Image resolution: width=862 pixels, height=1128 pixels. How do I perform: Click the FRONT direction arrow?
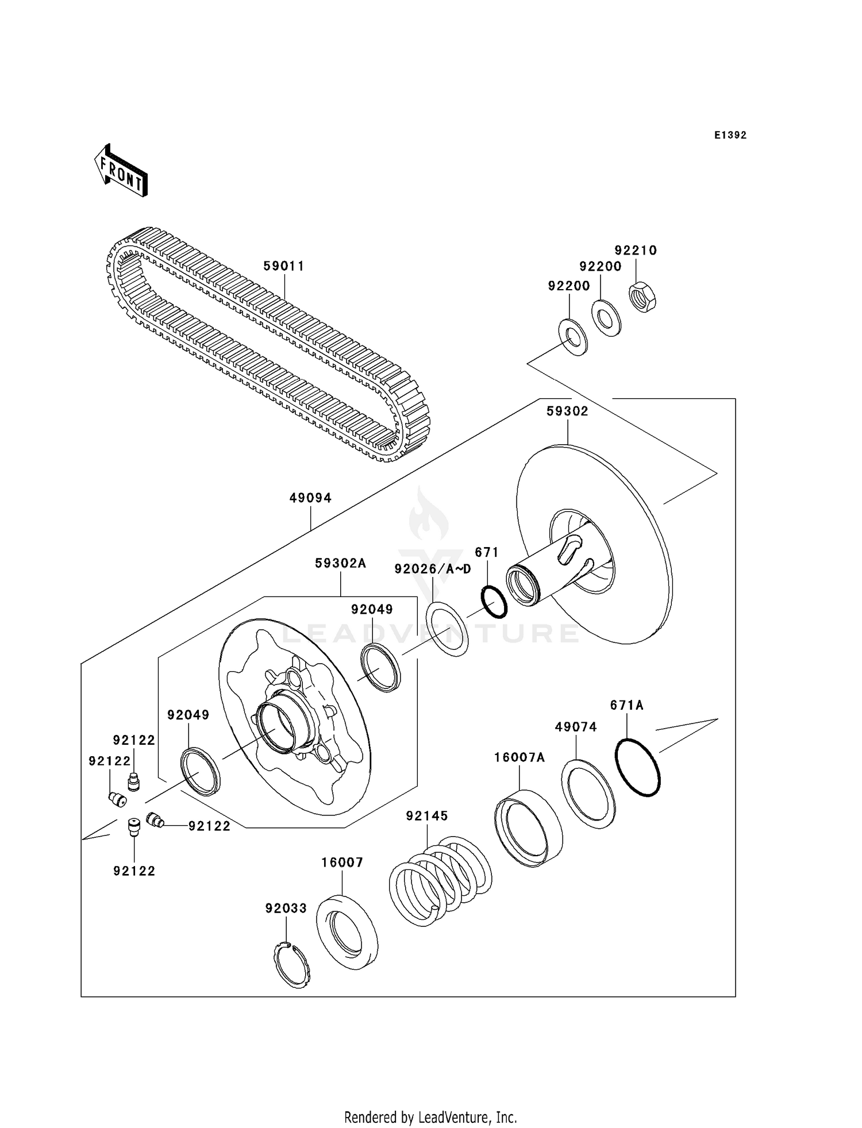pyautogui.click(x=121, y=171)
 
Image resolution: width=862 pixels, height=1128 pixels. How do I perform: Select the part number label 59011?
pyautogui.click(x=283, y=266)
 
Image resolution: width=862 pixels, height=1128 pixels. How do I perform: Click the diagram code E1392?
pyautogui.click(x=730, y=136)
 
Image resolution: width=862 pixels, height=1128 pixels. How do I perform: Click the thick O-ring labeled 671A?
pyautogui.click(x=638, y=767)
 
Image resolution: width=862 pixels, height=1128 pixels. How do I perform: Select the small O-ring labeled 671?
pyautogui.click(x=494, y=602)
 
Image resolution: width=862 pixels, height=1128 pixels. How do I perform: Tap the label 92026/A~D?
pyautogui.click(x=432, y=569)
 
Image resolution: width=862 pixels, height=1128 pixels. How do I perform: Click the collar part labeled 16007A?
pyautogui.click(x=528, y=827)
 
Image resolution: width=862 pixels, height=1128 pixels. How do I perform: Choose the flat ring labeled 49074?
pyautogui.click(x=588, y=794)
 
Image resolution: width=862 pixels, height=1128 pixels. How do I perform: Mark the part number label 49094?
pyautogui.click(x=310, y=498)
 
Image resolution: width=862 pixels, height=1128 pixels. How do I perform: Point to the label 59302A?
pyautogui.click(x=340, y=563)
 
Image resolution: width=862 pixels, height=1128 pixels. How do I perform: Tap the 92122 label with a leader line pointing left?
pyautogui.click(x=209, y=826)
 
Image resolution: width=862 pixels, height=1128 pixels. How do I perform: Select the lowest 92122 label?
pyautogui.click(x=134, y=871)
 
